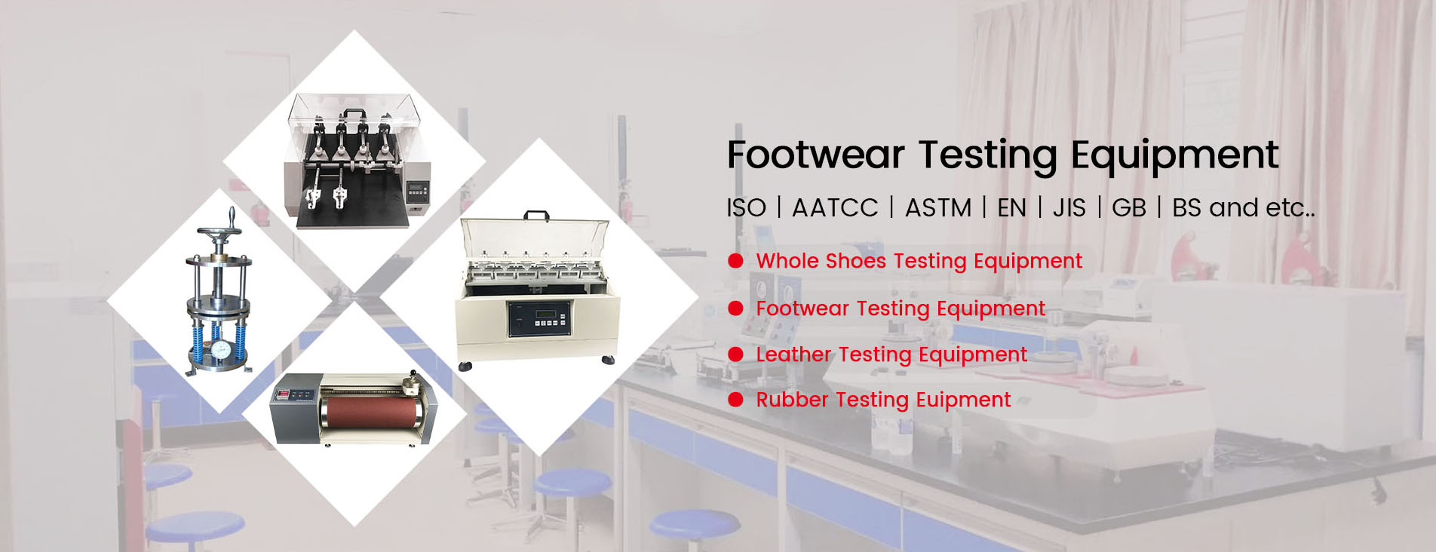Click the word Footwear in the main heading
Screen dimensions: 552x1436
[x=815, y=155]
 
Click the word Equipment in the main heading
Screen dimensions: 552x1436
[x=1174, y=155]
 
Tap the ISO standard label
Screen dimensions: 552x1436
[x=746, y=208]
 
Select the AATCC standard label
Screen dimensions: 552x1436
[x=835, y=208]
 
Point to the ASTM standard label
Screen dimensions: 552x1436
[x=938, y=208]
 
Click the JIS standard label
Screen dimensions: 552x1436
[x=1069, y=208]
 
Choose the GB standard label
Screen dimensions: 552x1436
[x=1128, y=208]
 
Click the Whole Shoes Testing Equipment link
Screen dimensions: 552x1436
[x=919, y=261]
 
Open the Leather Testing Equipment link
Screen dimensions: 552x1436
[x=891, y=354]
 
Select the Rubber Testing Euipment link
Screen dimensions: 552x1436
[x=883, y=400]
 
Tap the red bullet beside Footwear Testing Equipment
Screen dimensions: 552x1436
[x=736, y=308]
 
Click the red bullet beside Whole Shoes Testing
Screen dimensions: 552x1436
[x=736, y=261]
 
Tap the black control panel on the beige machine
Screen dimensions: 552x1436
[x=539, y=317]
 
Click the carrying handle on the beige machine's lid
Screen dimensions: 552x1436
[x=536, y=216]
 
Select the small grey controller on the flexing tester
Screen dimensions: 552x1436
[x=417, y=191]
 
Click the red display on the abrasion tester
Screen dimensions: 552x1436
[x=283, y=394]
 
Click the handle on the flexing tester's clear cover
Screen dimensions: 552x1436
[x=352, y=114]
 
